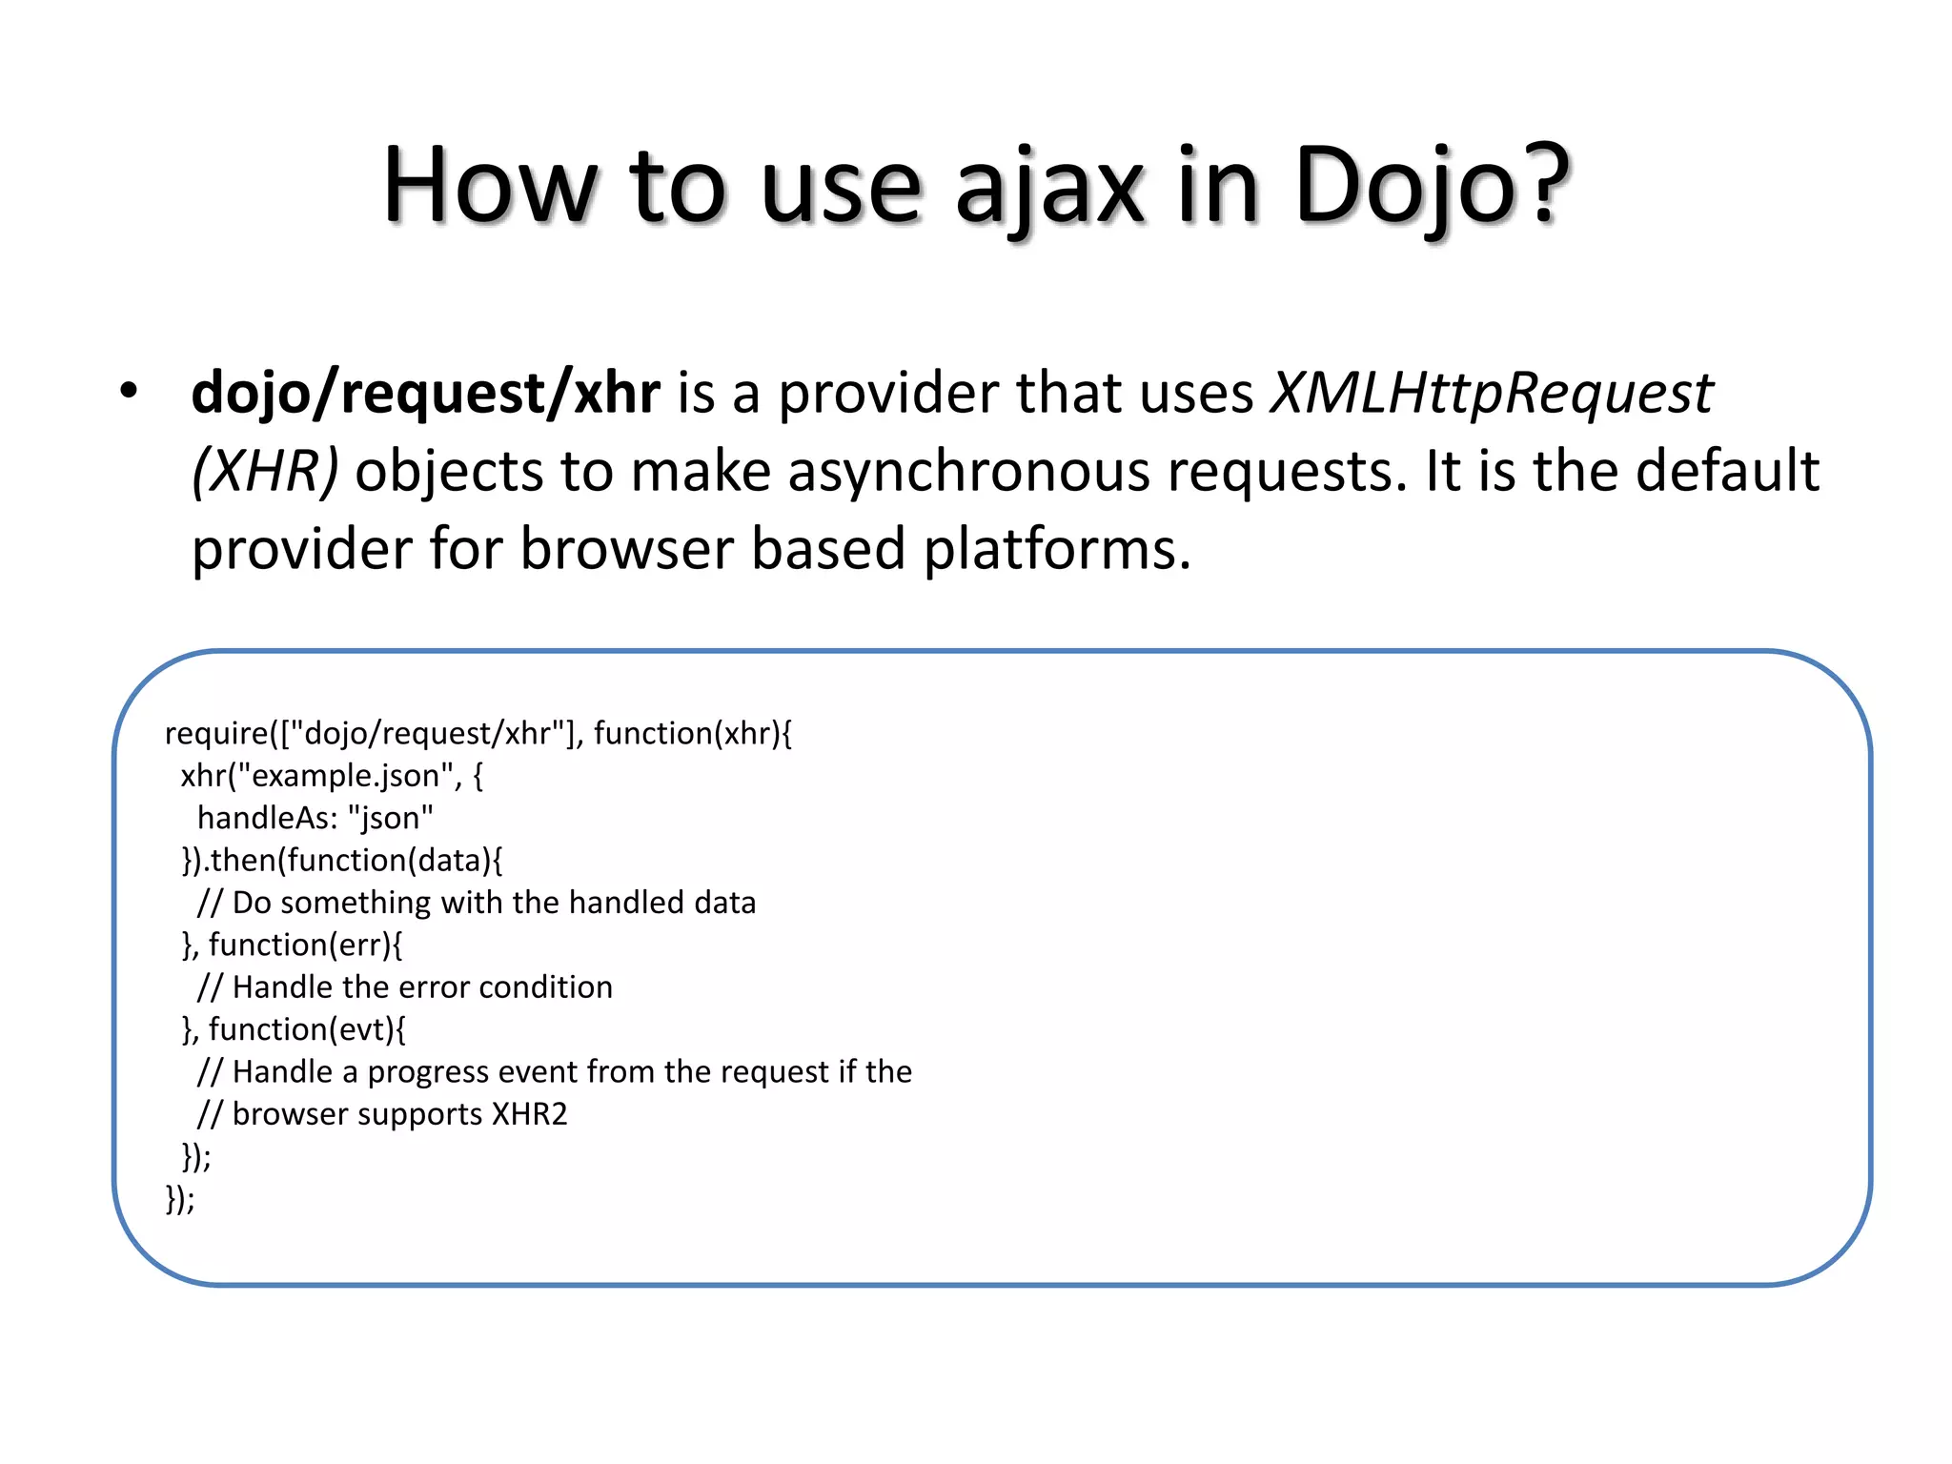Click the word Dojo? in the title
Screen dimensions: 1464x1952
(x=1430, y=186)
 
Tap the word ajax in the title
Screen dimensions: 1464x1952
(x=1048, y=186)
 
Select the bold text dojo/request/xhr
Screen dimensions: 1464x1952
(x=425, y=393)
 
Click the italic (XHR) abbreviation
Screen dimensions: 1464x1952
(x=265, y=471)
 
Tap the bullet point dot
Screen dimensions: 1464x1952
(x=129, y=391)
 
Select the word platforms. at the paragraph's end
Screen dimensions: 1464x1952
(x=1057, y=550)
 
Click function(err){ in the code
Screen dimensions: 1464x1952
(x=306, y=945)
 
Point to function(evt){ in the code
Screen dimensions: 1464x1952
(x=307, y=1029)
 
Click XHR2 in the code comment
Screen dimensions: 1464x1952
(x=529, y=1114)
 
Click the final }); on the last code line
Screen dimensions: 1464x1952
(x=180, y=1198)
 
